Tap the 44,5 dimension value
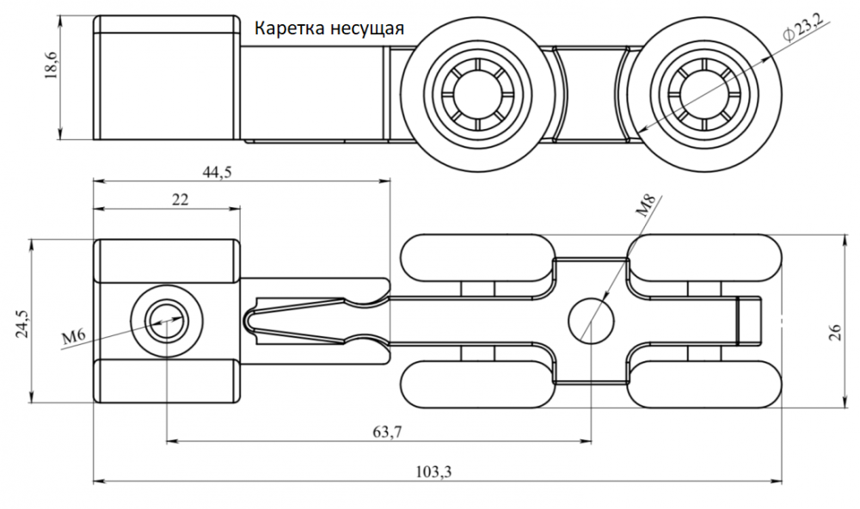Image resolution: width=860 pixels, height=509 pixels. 218,170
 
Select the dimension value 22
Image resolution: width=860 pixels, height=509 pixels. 180,199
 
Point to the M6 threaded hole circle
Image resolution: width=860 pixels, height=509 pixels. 164,322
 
